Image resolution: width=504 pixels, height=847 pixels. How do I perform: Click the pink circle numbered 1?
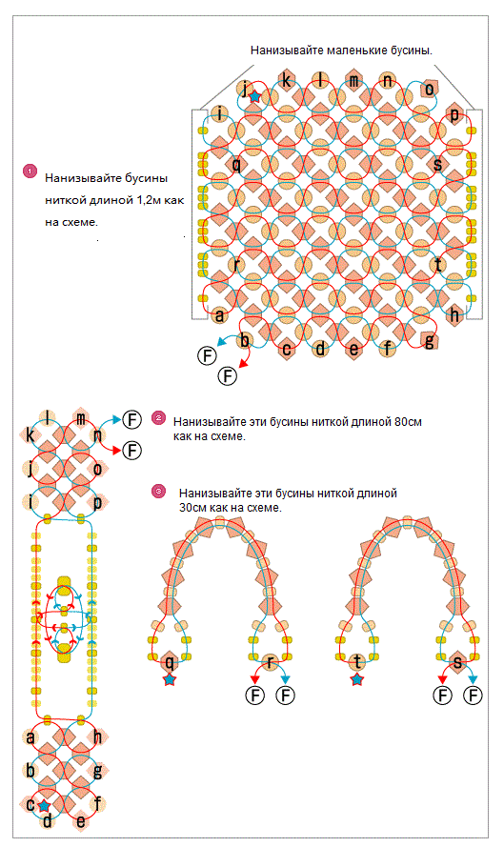pyautogui.click(x=30, y=171)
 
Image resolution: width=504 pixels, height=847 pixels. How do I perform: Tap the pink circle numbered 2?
pyautogui.click(x=158, y=417)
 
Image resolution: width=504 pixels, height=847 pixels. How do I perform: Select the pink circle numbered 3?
pyautogui.click(x=158, y=491)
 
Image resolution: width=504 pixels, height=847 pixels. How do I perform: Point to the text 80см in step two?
pyautogui.click(x=408, y=422)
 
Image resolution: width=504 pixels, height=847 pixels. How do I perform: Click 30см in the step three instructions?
pyautogui.click(x=192, y=508)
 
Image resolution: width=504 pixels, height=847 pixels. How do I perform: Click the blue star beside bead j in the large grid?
pyautogui.click(x=254, y=97)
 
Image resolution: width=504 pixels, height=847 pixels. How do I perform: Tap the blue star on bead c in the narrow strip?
pyautogui.click(x=44, y=806)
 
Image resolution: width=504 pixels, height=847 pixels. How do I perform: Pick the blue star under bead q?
pyautogui.click(x=170, y=679)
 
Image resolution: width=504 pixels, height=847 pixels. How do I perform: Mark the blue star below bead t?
pyautogui.click(x=356, y=679)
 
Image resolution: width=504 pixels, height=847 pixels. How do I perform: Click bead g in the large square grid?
pyautogui.click(x=430, y=341)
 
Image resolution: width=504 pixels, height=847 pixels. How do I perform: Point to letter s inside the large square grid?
pyautogui.click(x=438, y=163)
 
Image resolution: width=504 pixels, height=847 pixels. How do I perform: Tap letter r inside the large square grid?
pyautogui.click(x=236, y=265)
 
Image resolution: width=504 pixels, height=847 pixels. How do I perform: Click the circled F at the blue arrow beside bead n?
pyautogui.click(x=131, y=419)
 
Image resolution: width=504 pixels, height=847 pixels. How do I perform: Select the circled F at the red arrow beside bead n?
pyautogui.click(x=131, y=450)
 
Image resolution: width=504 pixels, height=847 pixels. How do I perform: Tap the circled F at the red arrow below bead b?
pyautogui.click(x=228, y=374)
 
